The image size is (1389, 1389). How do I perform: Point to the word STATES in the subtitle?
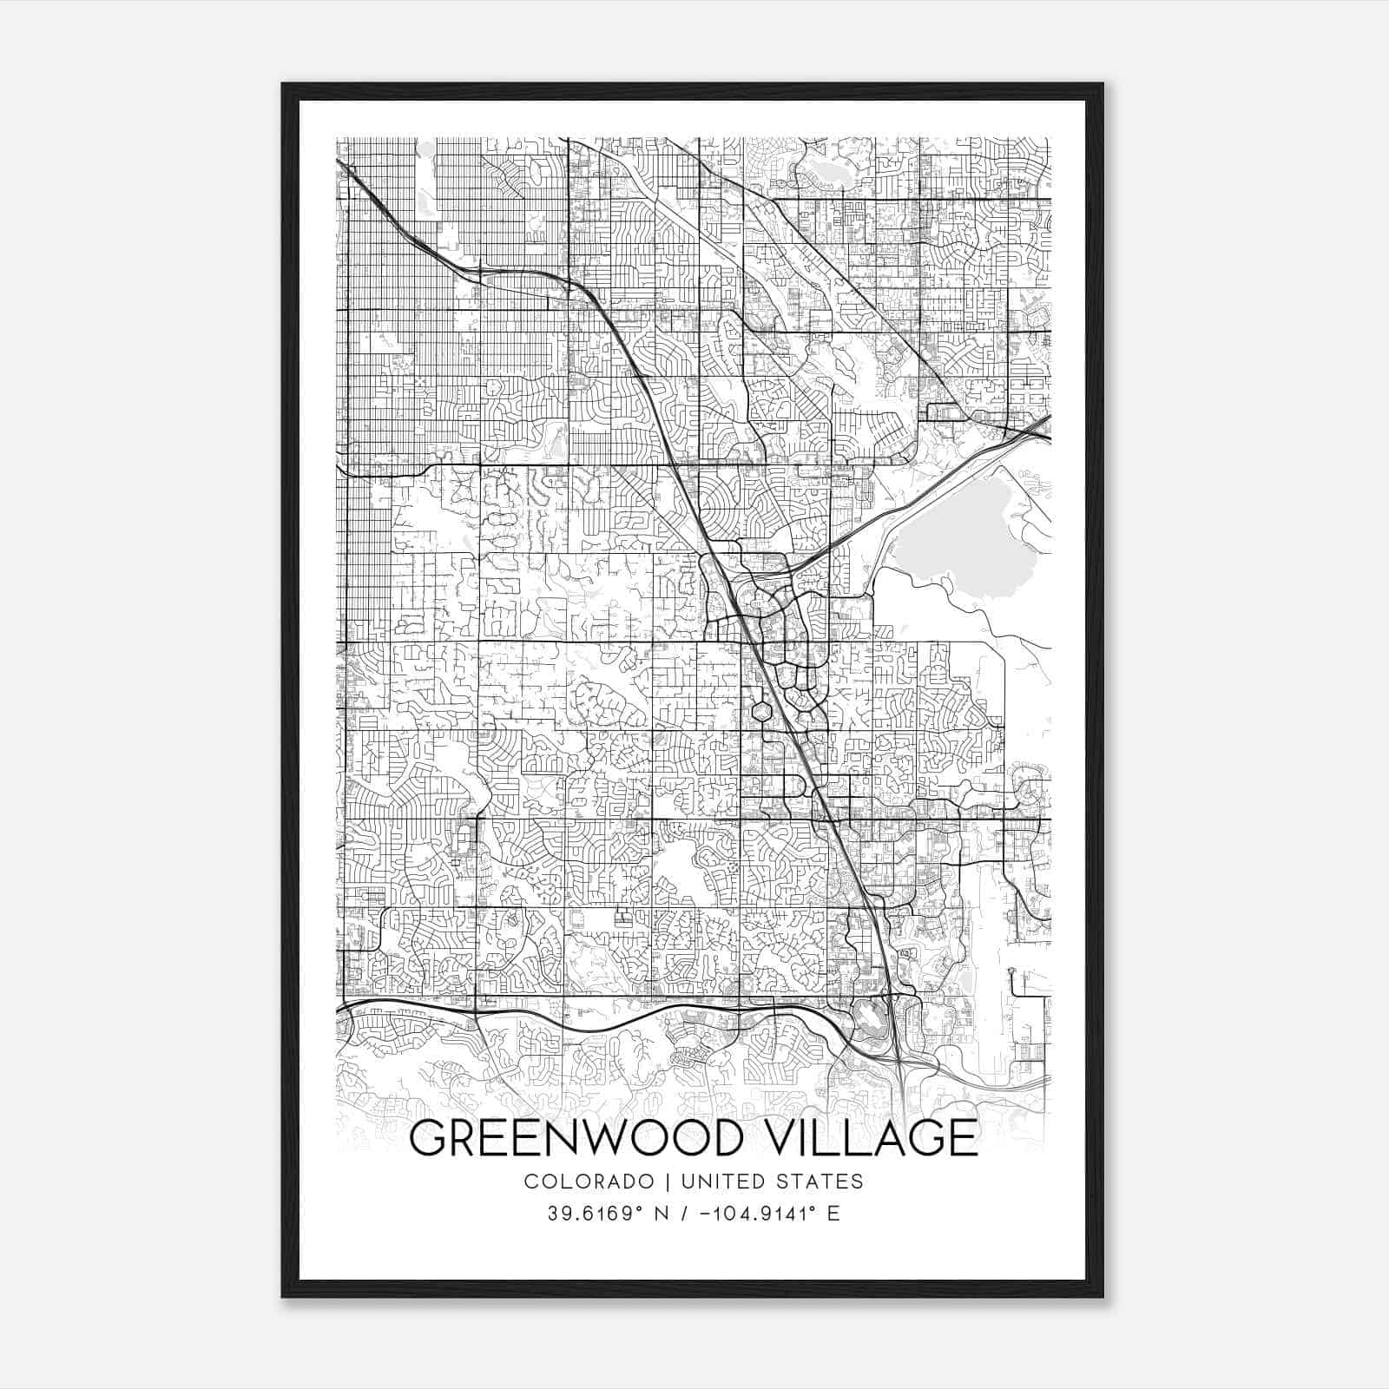[x=820, y=1182]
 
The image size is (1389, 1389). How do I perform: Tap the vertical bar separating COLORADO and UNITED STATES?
[x=668, y=1182]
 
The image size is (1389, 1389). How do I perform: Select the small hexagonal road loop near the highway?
[x=761, y=712]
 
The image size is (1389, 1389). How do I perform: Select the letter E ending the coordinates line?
[x=834, y=1214]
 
